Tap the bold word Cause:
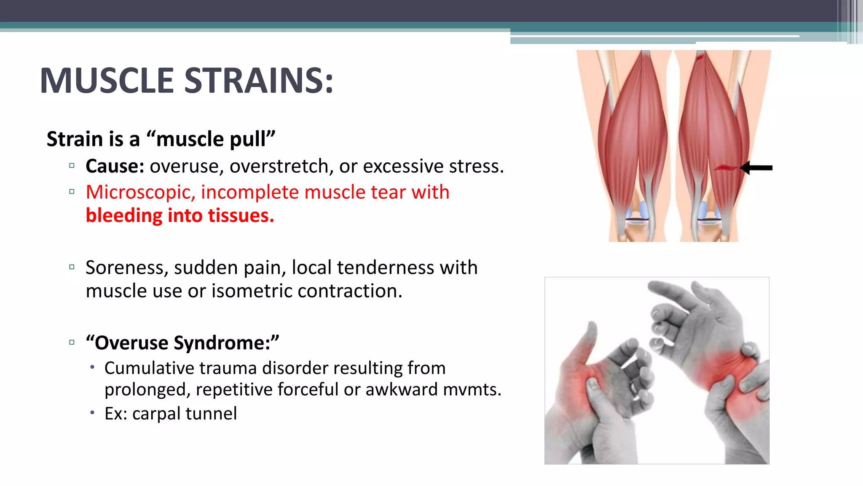point(115,166)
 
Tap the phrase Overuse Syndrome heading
point(182,343)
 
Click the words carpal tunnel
point(184,413)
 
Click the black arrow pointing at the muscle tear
point(756,168)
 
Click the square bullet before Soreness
point(72,267)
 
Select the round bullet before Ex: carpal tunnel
point(92,412)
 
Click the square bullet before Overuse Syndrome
point(72,342)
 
